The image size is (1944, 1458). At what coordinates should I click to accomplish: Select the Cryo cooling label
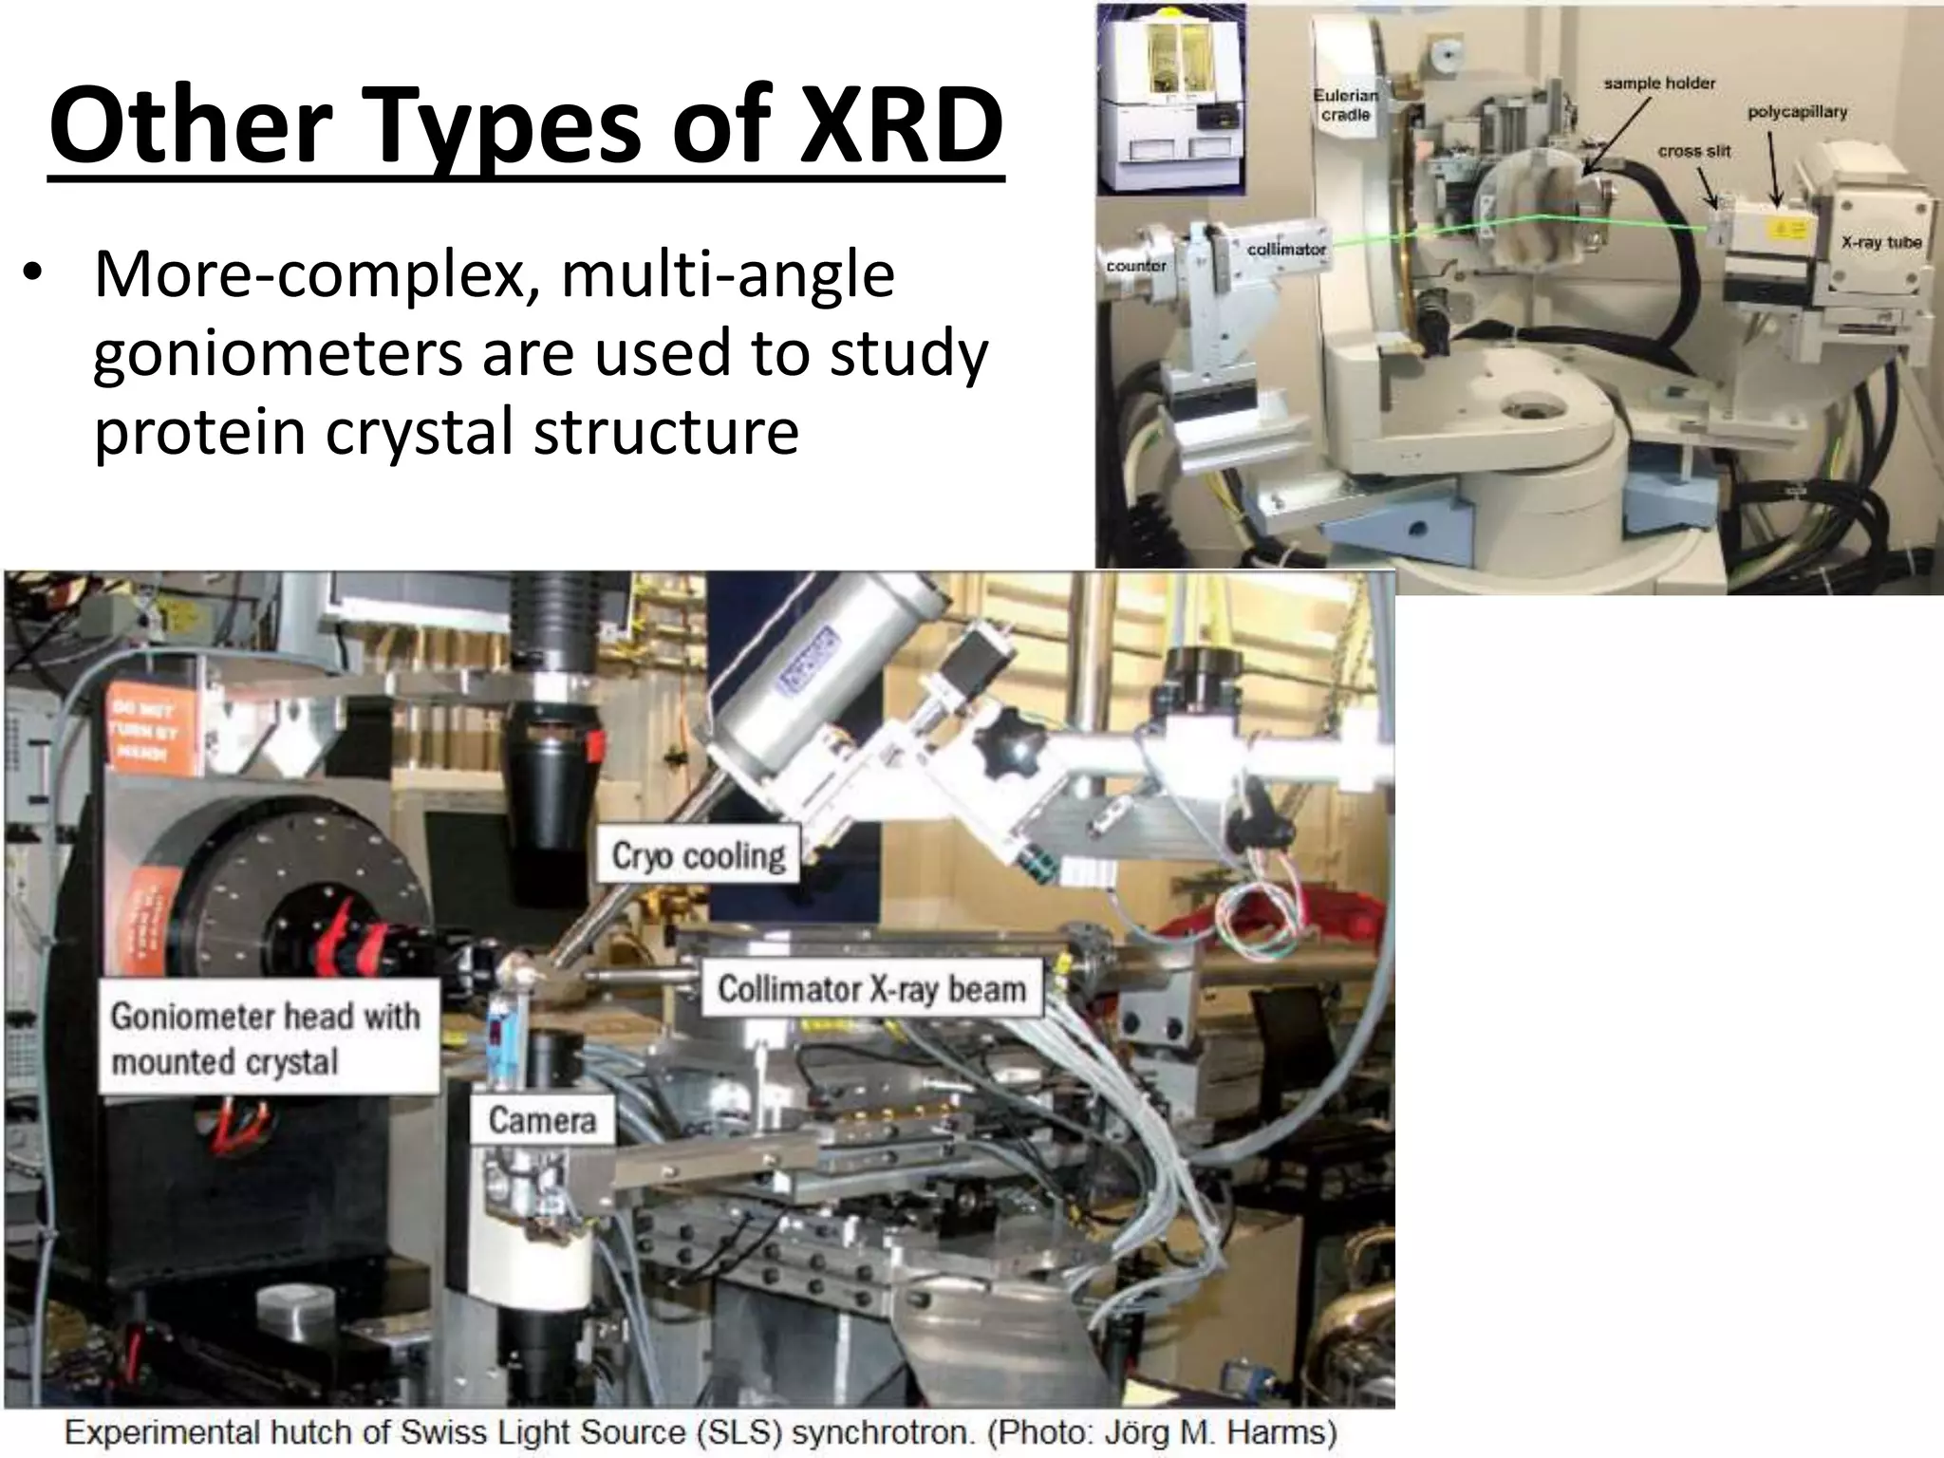tap(698, 856)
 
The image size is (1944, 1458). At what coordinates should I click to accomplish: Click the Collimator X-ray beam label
tap(871, 989)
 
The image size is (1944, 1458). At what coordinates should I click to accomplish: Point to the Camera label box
tap(542, 1120)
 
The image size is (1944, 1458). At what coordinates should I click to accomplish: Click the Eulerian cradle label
tap(1346, 104)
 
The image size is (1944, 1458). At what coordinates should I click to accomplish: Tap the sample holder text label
tap(1659, 84)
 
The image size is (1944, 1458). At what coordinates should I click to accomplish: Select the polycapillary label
tap(1798, 112)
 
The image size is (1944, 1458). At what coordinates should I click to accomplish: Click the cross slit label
tap(1694, 151)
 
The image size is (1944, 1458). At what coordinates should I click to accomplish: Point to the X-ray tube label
tap(1881, 242)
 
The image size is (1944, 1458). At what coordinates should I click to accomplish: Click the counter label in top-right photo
tap(1136, 266)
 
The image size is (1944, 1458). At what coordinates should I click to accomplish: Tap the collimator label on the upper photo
tap(1286, 249)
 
